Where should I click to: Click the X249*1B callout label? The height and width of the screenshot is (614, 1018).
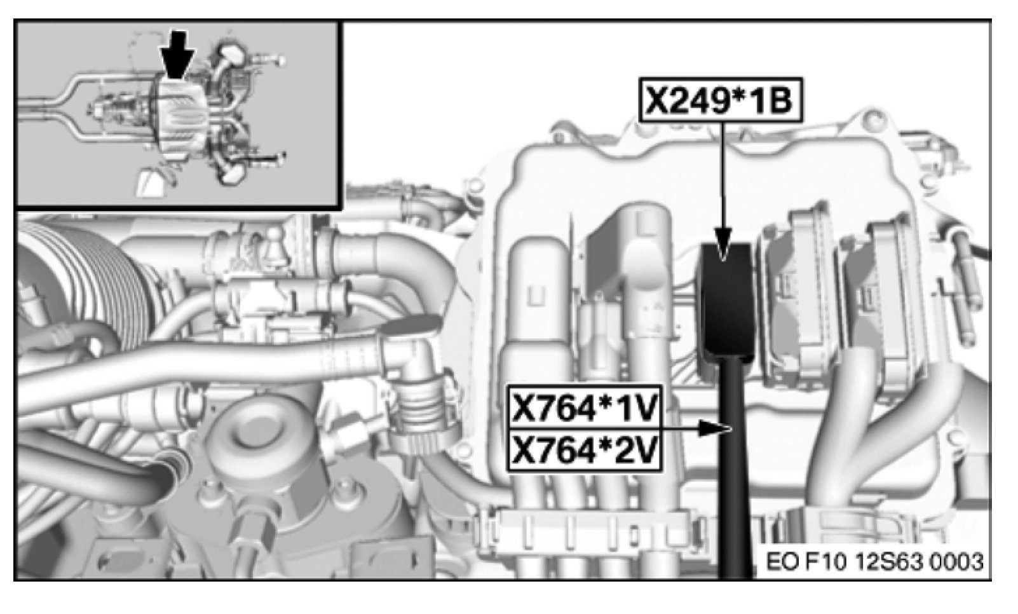(x=721, y=100)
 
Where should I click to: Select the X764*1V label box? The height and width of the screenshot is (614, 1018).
(x=585, y=407)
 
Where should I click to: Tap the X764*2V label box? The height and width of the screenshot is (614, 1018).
(x=585, y=450)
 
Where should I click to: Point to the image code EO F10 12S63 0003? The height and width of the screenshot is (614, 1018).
(x=874, y=562)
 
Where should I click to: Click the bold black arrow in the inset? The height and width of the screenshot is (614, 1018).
(x=177, y=54)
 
